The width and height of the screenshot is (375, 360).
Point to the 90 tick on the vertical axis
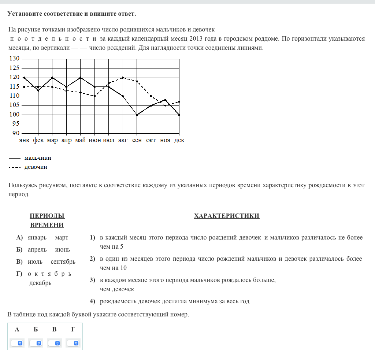click(15, 133)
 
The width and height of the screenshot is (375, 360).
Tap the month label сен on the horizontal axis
click(137, 140)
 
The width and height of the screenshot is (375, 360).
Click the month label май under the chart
click(80, 140)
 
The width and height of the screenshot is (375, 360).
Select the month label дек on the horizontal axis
click(179, 140)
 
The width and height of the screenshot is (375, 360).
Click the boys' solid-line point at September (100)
click(137, 115)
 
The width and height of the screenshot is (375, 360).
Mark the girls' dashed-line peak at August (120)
click(123, 78)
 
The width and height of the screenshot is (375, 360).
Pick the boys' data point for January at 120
click(24, 78)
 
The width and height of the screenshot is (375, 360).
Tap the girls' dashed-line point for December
click(179, 101)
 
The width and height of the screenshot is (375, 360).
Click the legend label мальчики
click(38, 158)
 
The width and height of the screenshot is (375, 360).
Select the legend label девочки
click(36, 167)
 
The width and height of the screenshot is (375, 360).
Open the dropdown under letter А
click(17, 343)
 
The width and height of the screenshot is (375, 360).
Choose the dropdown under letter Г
click(73, 343)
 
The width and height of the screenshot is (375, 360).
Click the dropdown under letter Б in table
click(36, 343)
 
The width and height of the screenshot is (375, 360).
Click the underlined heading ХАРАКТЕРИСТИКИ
click(227, 216)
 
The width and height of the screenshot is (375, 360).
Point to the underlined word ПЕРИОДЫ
click(47, 216)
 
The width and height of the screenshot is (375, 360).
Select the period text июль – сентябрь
click(52, 261)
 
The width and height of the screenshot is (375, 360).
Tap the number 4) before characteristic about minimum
click(93, 301)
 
